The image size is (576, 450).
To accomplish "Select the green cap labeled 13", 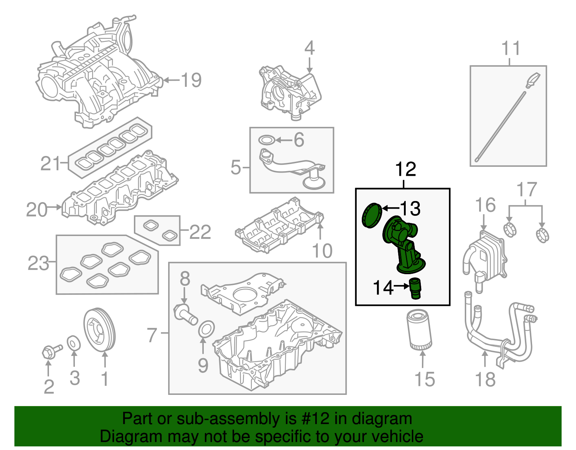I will tap(371, 215).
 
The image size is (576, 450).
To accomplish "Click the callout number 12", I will tap(405, 169).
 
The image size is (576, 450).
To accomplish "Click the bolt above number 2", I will tap(51, 351).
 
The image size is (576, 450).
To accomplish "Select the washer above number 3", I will tap(74, 343).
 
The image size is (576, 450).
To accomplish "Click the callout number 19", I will tap(191, 80).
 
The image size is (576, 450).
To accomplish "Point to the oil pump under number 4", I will tap(290, 92).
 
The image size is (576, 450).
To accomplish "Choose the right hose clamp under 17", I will tap(543, 235).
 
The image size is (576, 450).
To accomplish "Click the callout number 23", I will tap(38, 263).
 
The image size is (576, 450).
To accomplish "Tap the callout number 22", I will tap(200, 232).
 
